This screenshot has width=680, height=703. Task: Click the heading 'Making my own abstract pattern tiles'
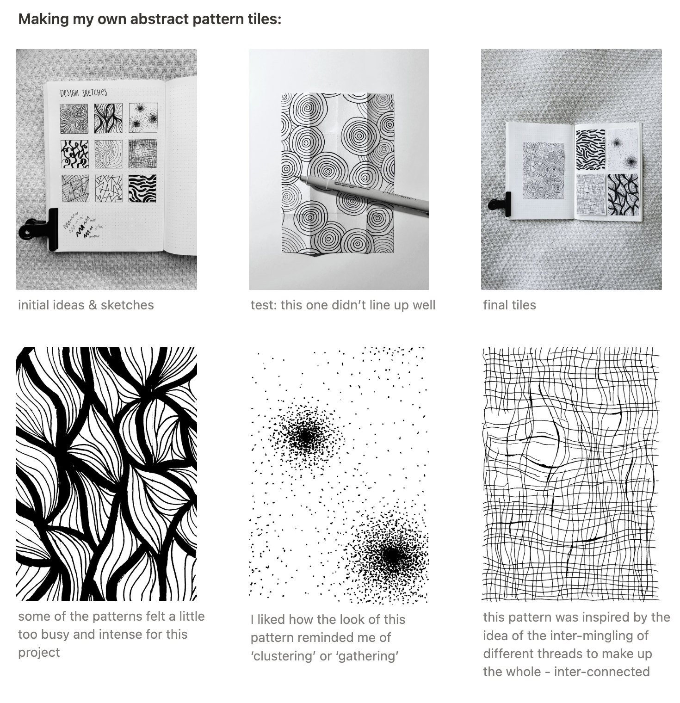(x=149, y=19)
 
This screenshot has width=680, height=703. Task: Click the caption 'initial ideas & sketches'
(x=86, y=305)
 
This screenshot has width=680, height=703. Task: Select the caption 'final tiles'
(x=509, y=305)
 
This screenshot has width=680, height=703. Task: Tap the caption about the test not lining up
(x=343, y=305)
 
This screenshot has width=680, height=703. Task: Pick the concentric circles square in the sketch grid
(x=74, y=117)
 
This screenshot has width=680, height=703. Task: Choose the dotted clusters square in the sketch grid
(x=143, y=117)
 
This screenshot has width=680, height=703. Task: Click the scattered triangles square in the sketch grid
(x=109, y=188)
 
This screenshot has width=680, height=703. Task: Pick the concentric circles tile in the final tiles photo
(x=543, y=169)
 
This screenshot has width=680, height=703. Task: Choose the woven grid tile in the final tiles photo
(x=590, y=194)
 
